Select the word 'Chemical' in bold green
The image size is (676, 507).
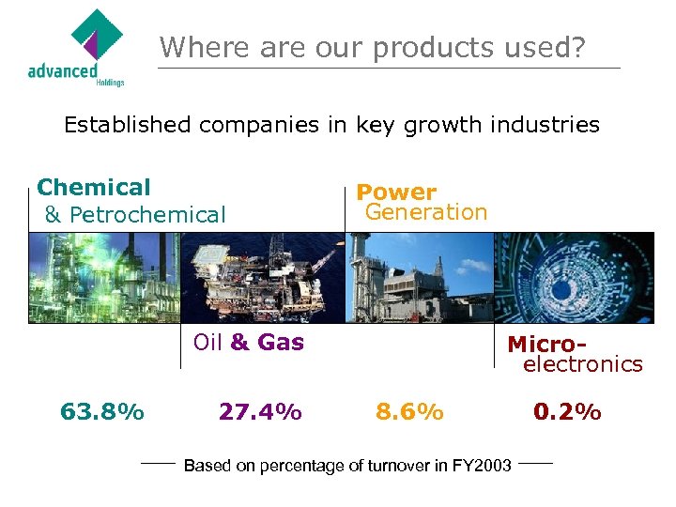(x=93, y=188)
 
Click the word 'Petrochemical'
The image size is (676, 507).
(x=147, y=215)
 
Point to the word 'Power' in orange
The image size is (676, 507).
(x=396, y=192)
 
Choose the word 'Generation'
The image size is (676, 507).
(x=426, y=212)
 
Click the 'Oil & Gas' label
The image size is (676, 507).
(x=248, y=343)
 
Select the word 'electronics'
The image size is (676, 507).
(x=582, y=364)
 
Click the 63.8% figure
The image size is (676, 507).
(x=101, y=412)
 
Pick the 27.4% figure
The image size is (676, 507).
(x=260, y=412)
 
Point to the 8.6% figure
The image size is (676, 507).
(x=409, y=412)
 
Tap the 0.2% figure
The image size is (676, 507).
(x=567, y=412)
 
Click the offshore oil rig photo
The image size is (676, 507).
(x=262, y=278)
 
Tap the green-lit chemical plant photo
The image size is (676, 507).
(x=104, y=278)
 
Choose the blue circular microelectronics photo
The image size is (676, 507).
(x=574, y=278)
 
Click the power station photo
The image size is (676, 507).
(x=419, y=278)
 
